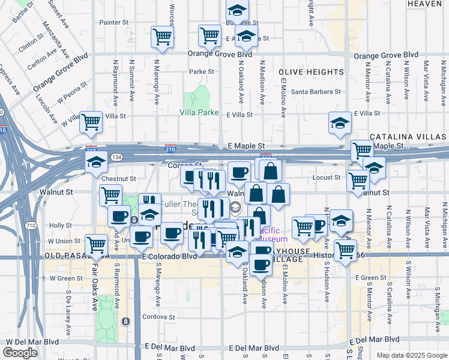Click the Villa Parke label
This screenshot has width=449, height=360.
[199, 112]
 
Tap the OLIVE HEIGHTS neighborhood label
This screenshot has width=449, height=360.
[311, 72]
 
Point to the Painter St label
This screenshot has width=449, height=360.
[114, 22]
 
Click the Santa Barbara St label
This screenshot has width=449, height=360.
[316, 92]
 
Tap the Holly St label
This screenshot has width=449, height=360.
[61, 226]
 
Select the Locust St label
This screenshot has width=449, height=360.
[327, 178]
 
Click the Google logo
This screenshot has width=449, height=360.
[20, 353]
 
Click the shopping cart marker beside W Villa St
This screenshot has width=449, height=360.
[91, 122]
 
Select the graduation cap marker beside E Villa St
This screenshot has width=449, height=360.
[340, 124]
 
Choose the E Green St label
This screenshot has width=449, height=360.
[370, 278]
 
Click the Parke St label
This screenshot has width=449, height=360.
[202, 71]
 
